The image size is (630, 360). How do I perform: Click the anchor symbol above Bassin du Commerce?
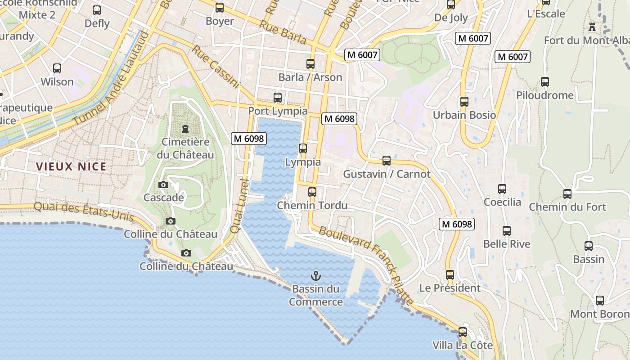point(316,275)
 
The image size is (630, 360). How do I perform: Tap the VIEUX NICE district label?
point(71,166)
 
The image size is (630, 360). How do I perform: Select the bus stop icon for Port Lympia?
point(278,98)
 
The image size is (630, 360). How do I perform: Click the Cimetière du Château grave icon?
point(185,129)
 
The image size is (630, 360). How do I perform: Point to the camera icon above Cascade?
point(163,184)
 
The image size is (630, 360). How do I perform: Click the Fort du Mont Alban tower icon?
point(592,27)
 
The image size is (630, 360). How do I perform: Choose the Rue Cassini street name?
point(215,66)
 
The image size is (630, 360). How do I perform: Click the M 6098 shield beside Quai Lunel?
point(248,139)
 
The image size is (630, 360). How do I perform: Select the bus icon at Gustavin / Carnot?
point(386,161)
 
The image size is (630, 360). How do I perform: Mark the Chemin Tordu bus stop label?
point(312,206)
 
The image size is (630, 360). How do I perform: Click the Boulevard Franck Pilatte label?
point(366,265)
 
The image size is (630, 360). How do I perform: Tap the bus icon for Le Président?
point(450,275)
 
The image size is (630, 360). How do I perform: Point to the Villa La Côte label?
point(463,346)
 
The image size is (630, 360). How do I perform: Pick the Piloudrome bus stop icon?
point(545,82)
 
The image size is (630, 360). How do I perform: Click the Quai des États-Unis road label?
point(84,211)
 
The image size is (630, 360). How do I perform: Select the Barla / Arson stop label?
point(310,77)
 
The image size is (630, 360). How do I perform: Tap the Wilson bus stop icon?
point(57,68)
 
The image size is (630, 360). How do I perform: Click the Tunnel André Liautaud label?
point(111,79)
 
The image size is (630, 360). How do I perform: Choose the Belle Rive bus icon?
point(507,231)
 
